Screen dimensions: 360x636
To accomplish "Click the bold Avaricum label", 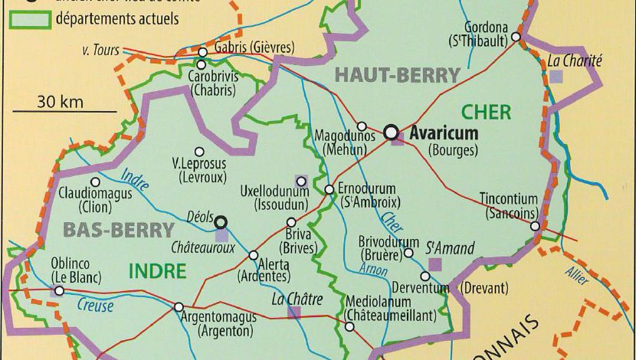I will (444, 133).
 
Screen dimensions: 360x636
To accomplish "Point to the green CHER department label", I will (486, 113).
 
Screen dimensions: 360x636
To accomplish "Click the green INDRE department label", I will (157, 271).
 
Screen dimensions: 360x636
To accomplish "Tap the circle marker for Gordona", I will (516, 36).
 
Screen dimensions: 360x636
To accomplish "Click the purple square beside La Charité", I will (556, 76).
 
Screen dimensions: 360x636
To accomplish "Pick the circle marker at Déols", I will (221, 221).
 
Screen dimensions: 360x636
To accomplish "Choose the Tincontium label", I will (508, 199).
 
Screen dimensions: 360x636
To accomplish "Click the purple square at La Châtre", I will (294, 312).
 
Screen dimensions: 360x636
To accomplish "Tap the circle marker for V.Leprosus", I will (200, 152).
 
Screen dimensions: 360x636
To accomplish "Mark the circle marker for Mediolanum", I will (349, 326).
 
